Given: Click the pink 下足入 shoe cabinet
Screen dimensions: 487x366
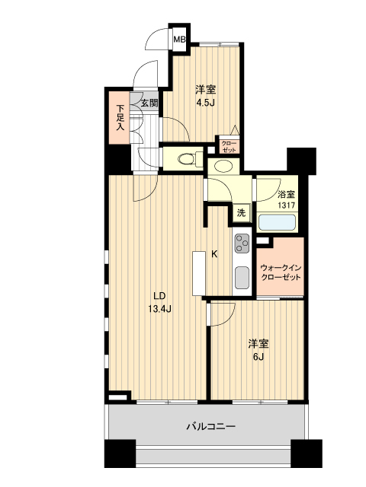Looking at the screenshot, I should pos(120,118).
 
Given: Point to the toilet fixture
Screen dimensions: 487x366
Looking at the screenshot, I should pos(185,159).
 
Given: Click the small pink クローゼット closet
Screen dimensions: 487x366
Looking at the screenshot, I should pos(229,146).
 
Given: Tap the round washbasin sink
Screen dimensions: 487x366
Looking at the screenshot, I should pos(225,166).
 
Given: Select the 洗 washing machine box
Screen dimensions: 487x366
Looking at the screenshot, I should pos(241,214).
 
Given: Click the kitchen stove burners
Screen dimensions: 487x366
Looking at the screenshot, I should pos(241,245).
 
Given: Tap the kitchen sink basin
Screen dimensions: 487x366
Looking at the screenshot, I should pos(241,278).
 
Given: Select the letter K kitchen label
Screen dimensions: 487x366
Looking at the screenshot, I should pos(215,255).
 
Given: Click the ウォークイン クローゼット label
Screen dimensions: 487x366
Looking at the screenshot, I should pos(281,272).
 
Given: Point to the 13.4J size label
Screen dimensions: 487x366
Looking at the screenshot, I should pos(159,309).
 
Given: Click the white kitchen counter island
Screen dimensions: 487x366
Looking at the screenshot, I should pos(198,272).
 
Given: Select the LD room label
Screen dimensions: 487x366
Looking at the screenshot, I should pos(159,296).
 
